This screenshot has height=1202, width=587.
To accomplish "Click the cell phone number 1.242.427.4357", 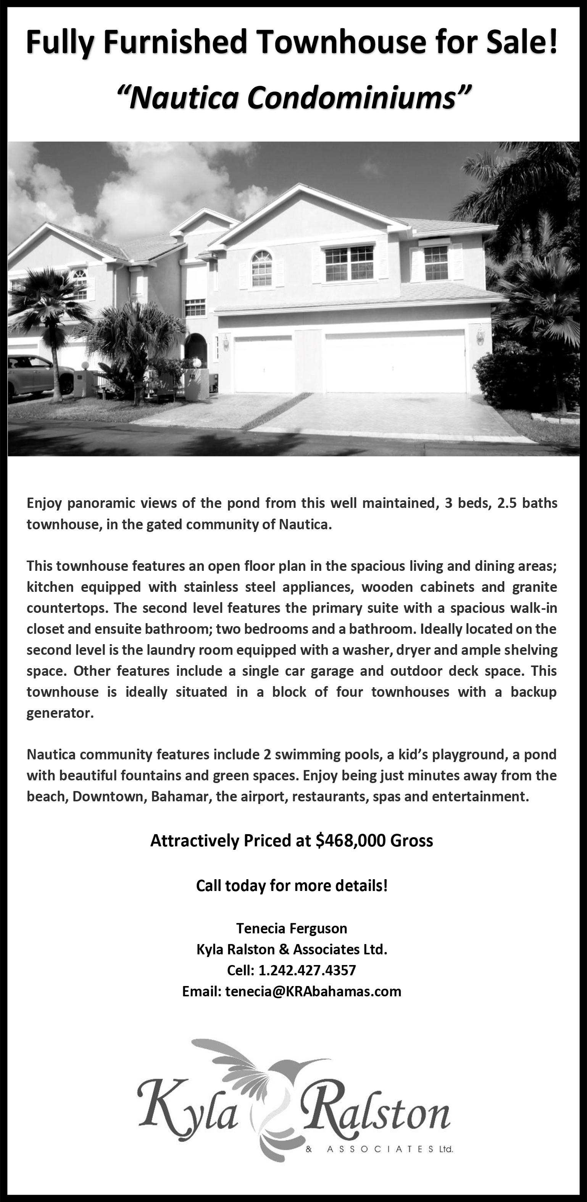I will point(307,970).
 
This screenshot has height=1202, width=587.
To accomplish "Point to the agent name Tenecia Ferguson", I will point(292,928).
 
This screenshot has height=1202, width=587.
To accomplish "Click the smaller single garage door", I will point(263,364).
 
